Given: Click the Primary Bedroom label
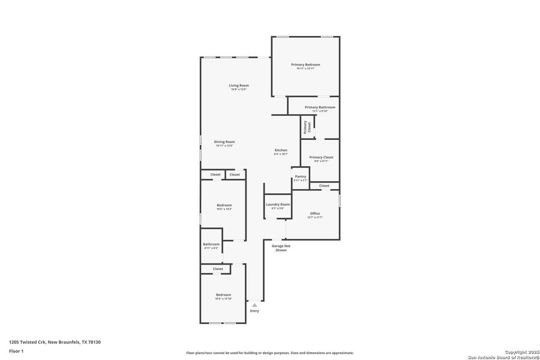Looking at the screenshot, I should (x=305, y=65).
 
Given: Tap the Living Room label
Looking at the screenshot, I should (x=239, y=86).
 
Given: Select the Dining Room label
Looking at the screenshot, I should (x=224, y=142).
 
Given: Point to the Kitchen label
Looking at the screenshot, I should (x=281, y=151).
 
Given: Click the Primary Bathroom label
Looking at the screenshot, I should (x=320, y=107).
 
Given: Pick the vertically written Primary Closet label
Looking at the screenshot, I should (x=307, y=127).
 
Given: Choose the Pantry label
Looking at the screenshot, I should (x=301, y=177).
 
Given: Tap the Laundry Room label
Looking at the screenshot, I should (x=278, y=205).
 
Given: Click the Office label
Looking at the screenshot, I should (x=315, y=214).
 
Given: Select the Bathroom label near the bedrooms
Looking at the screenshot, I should (x=211, y=244).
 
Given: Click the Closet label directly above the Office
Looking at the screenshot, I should (x=324, y=186).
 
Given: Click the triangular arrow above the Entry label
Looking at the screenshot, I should (x=254, y=305).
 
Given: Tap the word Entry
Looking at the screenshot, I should (x=254, y=311).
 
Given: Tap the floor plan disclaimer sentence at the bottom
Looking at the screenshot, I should (x=269, y=353).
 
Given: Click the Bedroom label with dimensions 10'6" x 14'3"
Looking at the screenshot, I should (x=224, y=205).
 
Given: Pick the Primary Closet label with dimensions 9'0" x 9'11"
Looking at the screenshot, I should (x=321, y=157).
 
